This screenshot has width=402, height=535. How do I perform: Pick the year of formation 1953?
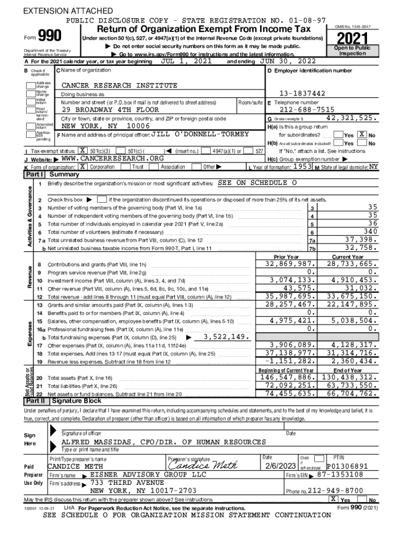tap(302, 166)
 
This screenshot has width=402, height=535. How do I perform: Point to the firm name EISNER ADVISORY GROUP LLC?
tap(148, 474)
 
